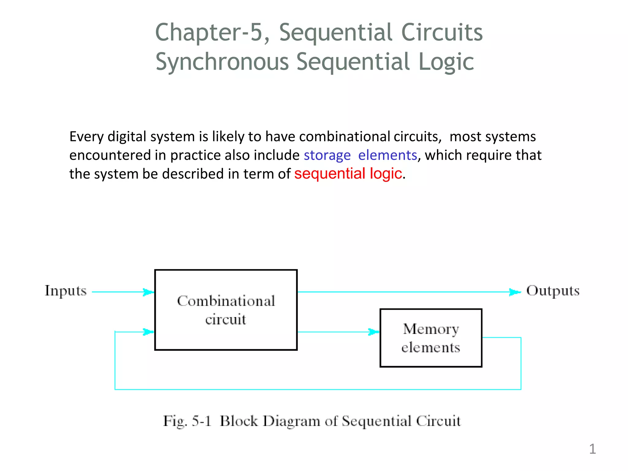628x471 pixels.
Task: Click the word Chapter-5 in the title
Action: tap(209, 33)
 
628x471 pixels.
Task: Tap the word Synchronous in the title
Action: tap(222, 62)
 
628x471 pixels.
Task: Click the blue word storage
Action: tap(327, 155)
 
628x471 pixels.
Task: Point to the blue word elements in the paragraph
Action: tap(387, 155)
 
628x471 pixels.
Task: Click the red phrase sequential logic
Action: tap(348, 174)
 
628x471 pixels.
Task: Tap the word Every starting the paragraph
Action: tap(86, 137)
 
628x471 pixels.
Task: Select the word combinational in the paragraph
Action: tap(344, 137)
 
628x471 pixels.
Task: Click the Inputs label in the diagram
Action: tap(66, 291)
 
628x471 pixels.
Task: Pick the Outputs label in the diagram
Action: tap(553, 291)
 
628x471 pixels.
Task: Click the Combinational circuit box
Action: tap(226, 310)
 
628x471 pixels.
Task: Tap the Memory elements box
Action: tap(431, 338)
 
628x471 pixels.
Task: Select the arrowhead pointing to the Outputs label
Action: tap(515, 292)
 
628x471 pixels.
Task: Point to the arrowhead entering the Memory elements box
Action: tap(374, 332)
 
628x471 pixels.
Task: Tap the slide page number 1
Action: tap(592, 449)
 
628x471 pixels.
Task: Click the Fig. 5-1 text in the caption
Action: tap(187, 421)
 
